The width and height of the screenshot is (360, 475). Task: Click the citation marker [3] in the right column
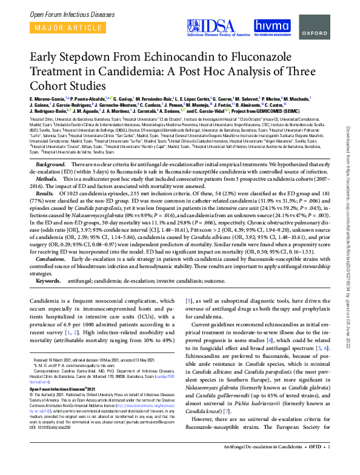(189, 300)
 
